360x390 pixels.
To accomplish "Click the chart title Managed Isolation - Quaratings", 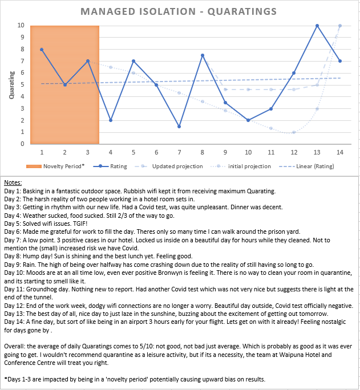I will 180,11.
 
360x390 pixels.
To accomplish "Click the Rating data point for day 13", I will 317,26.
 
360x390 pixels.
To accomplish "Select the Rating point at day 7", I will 179,127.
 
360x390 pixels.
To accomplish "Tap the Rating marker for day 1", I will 42,50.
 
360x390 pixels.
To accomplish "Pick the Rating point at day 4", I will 111,120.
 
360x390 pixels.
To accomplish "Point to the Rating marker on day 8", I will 203,55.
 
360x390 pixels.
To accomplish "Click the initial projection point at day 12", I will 294,132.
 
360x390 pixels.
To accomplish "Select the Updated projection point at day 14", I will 340,26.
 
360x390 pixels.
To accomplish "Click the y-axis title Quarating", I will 11,85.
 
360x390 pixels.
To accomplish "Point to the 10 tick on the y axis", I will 21,26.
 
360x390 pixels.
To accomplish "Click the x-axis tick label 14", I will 340,152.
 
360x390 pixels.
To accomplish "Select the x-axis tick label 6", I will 156,152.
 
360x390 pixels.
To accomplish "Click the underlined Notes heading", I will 13,181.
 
